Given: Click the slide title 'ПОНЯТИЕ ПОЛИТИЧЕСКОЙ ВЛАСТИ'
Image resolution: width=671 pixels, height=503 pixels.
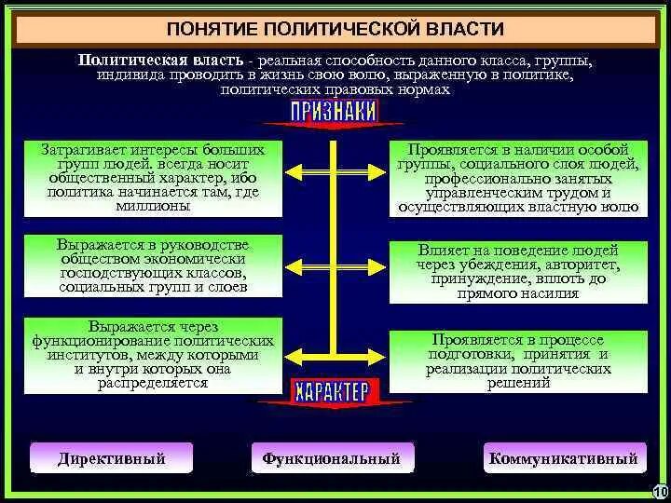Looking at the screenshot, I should coord(335,31).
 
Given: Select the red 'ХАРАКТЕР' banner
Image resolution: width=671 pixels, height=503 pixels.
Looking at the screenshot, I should coord(333,390).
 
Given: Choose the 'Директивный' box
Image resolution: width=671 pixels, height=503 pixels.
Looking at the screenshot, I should coord(112,458).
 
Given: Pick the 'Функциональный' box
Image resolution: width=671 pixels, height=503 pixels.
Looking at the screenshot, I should coord(332,458).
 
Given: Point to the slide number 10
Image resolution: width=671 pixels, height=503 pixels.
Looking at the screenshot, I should coord(660,492).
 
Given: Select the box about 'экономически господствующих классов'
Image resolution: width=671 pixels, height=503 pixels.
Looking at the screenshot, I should coord(153,265).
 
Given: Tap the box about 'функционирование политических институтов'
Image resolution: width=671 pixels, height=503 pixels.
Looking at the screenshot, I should coord(153,355).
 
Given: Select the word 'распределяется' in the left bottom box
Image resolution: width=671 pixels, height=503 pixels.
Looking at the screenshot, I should coord(153,382).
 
